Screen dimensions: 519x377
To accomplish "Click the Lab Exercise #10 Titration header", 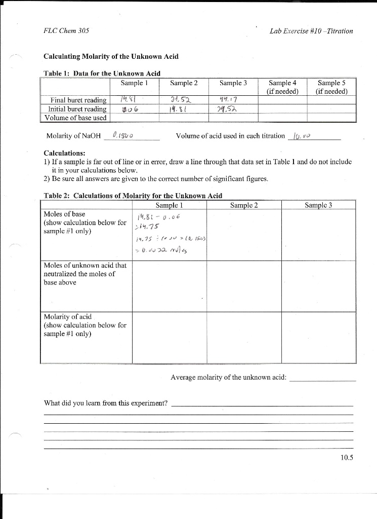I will coord(311,31).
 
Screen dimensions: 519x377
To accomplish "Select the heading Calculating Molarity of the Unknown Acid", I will coord(111,56).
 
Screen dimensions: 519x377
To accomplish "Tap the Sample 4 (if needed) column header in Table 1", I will coord(280,87).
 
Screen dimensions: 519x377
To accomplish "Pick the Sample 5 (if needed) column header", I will coord(331,87).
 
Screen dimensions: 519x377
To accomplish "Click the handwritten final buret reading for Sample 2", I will coord(180,99).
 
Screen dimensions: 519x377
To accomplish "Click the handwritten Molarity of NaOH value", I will coord(123,135).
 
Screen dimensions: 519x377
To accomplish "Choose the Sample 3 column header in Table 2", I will coord(318,205).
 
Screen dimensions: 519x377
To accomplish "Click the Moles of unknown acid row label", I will coord(86,274).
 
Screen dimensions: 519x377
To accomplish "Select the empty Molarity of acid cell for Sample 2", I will coord(244,337).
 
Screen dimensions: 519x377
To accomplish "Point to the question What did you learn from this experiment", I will coord(106,403).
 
